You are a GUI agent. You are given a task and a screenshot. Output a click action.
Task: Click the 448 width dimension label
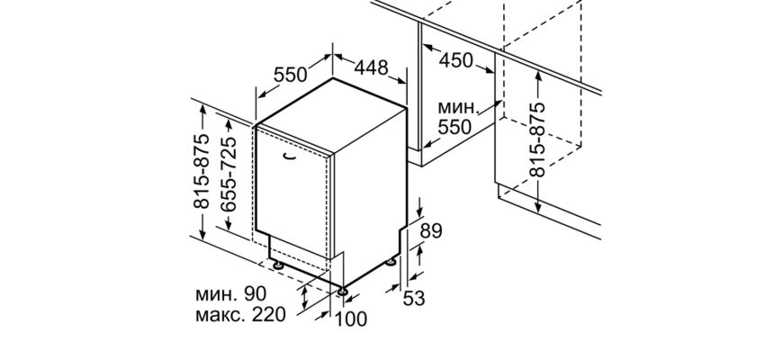(371, 67)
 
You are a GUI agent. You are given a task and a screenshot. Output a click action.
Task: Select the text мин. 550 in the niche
(454, 119)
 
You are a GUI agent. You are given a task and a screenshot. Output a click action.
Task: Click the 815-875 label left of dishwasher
(202, 171)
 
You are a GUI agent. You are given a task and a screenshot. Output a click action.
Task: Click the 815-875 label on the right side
(537, 139)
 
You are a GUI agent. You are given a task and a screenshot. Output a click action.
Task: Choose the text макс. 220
(238, 315)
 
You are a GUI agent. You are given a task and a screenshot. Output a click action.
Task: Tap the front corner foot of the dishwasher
(344, 290)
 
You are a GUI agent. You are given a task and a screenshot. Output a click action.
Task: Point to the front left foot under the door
(278, 266)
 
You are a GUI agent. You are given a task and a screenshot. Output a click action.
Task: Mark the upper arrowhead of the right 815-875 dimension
(537, 76)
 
